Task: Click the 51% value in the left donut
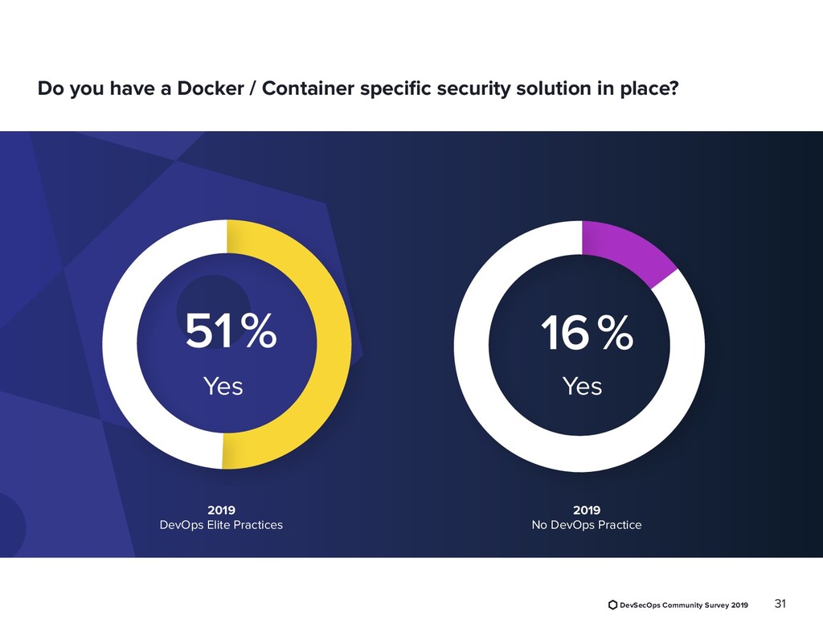point(231,331)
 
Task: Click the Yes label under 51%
point(223,387)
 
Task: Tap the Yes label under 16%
point(582,387)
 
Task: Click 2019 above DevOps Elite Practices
point(222,510)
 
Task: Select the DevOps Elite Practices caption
point(222,525)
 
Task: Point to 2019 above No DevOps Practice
point(587,510)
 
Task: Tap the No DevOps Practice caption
point(587,525)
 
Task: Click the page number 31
point(778,604)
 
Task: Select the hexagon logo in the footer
point(613,605)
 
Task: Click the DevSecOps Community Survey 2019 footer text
point(684,605)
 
